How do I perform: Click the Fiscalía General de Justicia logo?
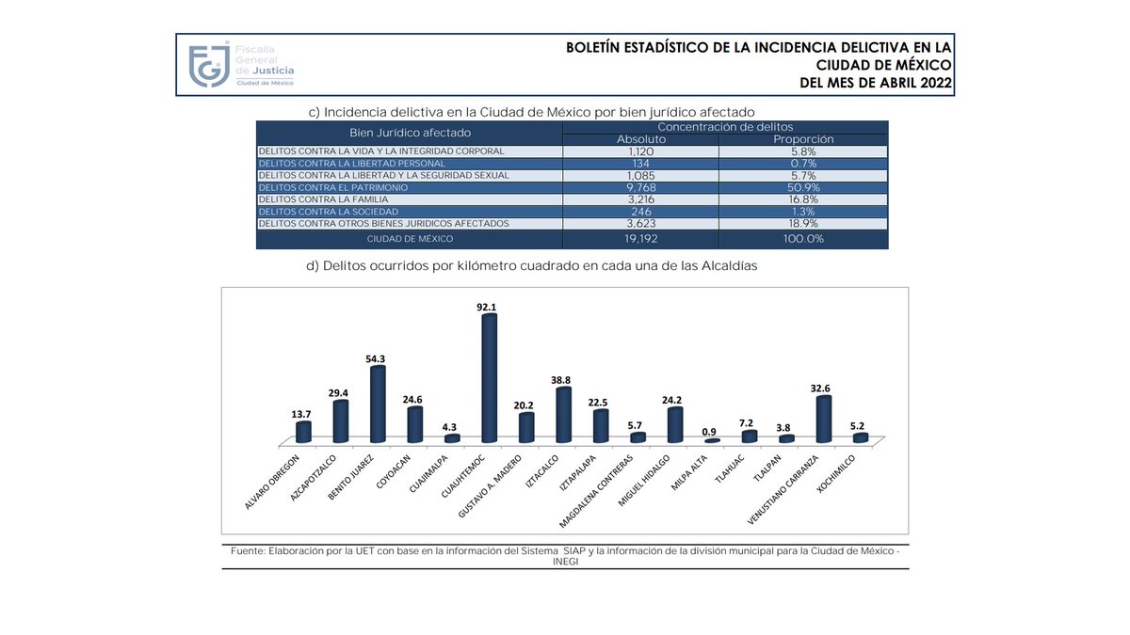[241, 65]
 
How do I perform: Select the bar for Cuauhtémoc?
[489, 378]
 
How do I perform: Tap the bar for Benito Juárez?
[378, 405]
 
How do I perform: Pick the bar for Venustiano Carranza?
[823, 420]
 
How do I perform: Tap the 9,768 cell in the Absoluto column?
[641, 187]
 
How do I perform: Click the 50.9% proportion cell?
[802, 187]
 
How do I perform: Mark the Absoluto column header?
[641, 139]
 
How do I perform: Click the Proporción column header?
[802, 139]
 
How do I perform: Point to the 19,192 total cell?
[641, 239]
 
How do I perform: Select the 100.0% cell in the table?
[802, 239]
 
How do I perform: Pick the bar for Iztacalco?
[563, 415]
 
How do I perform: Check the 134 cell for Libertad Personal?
[641, 163]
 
